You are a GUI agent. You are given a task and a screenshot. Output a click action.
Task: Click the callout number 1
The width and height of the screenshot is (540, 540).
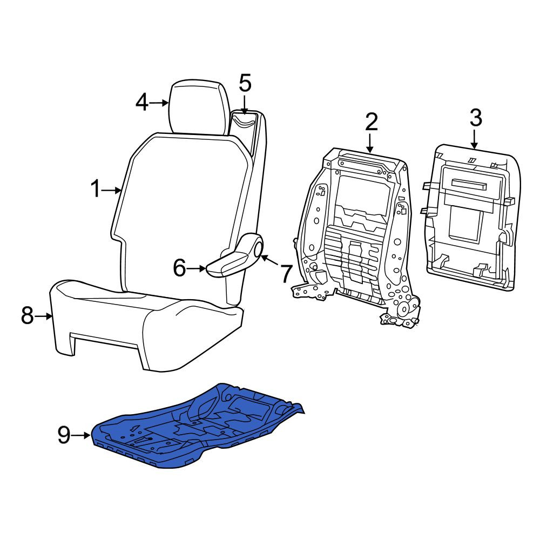point(96,190)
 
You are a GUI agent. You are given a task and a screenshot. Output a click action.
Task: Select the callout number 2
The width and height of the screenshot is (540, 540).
point(372,122)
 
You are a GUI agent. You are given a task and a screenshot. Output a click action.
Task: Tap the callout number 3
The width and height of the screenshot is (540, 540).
point(476,117)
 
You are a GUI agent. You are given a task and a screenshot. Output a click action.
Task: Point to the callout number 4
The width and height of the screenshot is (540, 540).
point(142,103)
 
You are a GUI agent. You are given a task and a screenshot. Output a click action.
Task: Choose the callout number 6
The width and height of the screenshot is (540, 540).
point(179,268)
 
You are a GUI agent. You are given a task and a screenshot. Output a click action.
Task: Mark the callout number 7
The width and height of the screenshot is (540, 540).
point(286,273)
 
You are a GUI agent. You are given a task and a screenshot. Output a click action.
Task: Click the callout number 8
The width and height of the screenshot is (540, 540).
point(28,315)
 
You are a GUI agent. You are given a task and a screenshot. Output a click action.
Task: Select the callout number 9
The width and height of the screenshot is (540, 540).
point(64,435)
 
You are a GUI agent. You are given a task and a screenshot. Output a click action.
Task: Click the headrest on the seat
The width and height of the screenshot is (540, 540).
point(199,107)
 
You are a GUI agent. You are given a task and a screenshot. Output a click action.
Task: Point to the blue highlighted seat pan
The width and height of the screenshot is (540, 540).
point(198,426)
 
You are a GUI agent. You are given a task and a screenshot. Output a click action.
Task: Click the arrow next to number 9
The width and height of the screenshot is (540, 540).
point(82,436)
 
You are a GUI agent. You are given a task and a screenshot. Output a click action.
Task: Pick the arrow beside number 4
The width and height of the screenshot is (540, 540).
point(159,103)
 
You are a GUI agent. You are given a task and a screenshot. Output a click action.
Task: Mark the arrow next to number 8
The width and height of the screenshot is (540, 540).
point(44,316)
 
